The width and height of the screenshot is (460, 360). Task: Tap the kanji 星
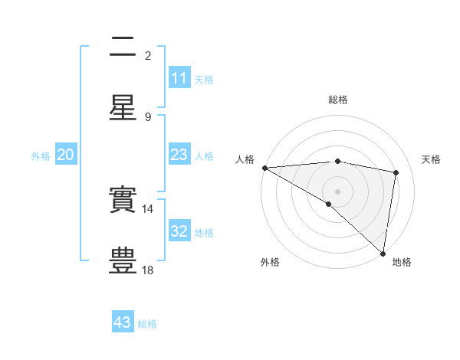tap(123, 109)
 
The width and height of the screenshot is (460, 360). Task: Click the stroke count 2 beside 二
tap(148, 55)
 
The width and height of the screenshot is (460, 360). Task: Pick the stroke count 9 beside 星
tap(148, 116)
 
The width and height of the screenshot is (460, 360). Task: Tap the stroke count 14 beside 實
tap(148, 208)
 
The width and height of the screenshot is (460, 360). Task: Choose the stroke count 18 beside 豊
tap(148, 270)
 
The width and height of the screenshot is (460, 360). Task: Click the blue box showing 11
tap(179, 78)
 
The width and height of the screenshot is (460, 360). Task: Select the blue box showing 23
tap(179, 155)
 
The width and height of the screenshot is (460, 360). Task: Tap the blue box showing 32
tap(179, 231)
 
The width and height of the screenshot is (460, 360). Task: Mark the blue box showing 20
tap(66, 155)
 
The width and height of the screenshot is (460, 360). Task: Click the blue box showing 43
tap(123, 322)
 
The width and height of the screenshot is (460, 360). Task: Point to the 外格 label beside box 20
tap(41, 155)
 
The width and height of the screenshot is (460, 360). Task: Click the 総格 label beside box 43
tap(147, 324)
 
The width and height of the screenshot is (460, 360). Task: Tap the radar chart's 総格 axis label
tap(338, 100)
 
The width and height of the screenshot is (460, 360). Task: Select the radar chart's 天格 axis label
tap(432, 159)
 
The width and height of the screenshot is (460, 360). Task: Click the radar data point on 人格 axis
tap(264, 168)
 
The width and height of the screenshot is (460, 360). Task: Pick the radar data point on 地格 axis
tap(383, 254)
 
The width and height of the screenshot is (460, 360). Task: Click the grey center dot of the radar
tap(338, 191)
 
